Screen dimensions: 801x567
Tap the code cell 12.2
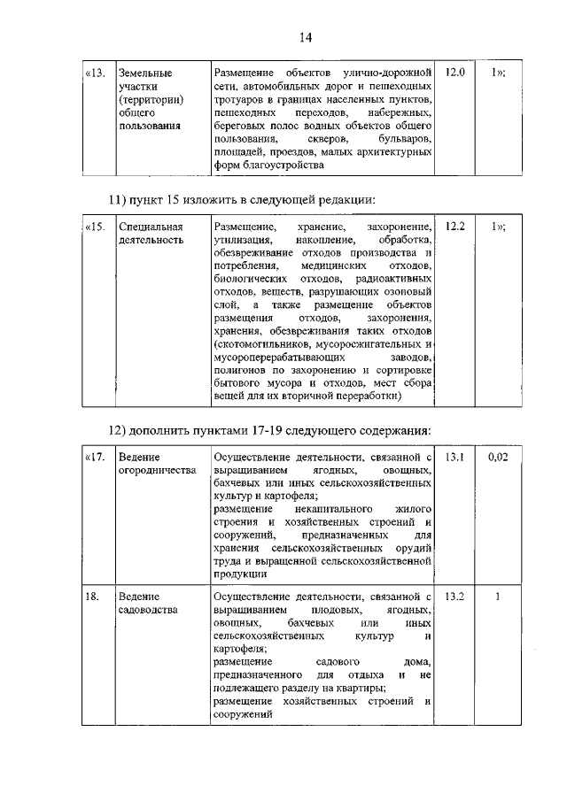[455, 227]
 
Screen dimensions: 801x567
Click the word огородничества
[157, 471]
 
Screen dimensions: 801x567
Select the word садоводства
[149, 611]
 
